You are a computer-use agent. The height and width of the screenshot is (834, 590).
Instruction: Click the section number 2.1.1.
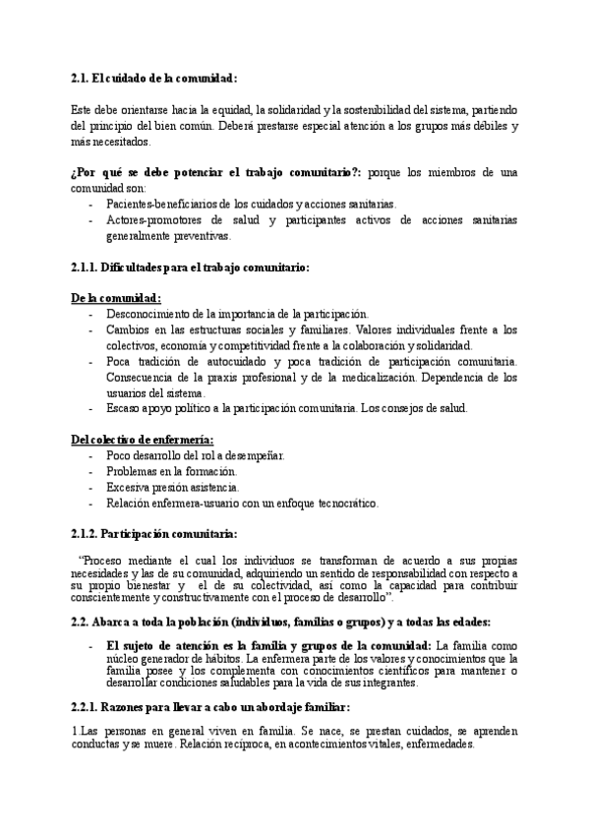point(88,267)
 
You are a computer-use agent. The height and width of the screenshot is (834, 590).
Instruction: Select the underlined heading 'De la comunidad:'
point(116,298)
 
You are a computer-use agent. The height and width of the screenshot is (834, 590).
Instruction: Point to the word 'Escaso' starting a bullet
point(124,408)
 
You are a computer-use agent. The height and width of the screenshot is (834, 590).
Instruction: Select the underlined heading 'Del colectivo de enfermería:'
point(143,440)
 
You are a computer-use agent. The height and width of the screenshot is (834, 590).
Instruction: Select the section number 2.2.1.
point(88,707)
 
